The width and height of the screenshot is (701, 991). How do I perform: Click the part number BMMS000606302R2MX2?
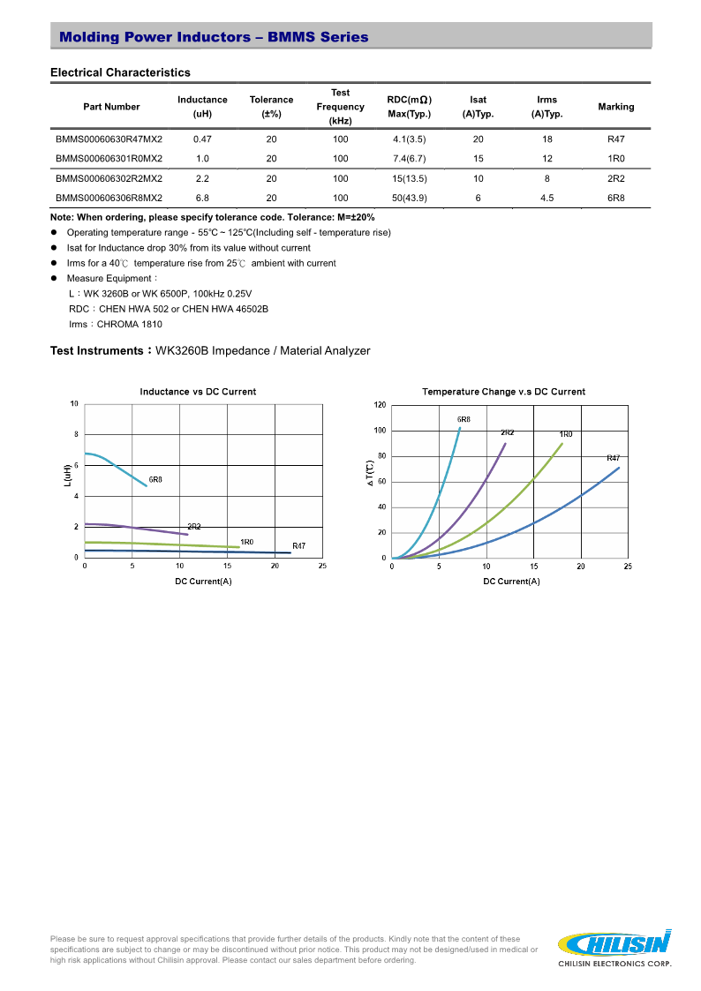click(x=109, y=178)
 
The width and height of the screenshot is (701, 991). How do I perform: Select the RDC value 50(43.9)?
click(x=410, y=199)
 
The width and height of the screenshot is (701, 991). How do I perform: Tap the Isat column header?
click(x=478, y=107)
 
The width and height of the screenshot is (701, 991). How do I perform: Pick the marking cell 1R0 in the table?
click(x=615, y=159)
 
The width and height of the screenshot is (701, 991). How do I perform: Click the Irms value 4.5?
click(x=546, y=199)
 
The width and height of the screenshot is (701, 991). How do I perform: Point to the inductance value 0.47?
click(x=202, y=139)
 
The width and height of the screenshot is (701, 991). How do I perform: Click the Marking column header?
click(x=615, y=107)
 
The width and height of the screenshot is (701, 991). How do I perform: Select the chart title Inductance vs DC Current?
click(x=198, y=392)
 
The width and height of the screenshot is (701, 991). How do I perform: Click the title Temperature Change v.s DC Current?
click(x=503, y=392)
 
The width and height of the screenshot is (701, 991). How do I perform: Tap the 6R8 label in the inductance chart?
click(x=155, y=480)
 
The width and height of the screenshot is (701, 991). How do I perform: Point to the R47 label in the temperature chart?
click(x=613, y=458)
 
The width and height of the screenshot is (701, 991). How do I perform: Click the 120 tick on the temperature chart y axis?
click(x=380, y=405)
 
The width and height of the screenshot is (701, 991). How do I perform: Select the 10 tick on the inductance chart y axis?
click(x=74, y=404)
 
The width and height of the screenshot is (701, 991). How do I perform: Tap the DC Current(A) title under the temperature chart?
click(x=511, y=581)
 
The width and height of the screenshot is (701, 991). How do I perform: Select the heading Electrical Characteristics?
click(x=120, y=72)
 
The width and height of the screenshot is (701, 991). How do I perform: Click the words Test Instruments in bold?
click(x=97, y=351)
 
